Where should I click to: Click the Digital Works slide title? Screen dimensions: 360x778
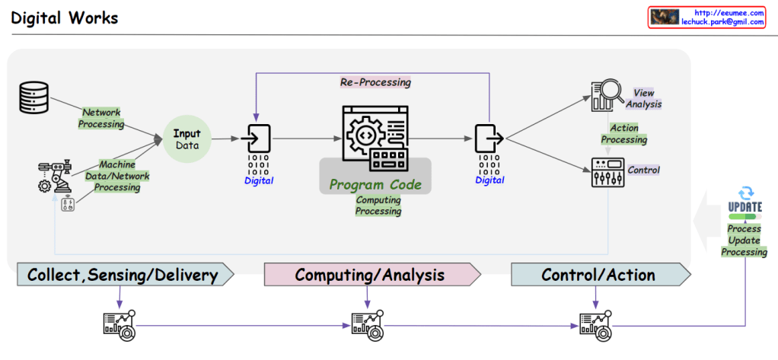[65, 17]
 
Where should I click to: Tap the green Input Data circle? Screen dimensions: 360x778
[187, 139]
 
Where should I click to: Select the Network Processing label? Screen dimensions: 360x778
[102, 118]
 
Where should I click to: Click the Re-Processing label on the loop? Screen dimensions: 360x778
[375, 82]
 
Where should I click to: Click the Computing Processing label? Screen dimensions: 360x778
[378, 205]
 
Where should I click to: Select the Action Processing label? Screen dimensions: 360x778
[624, 134]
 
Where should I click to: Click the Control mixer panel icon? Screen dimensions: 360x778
[607, 173]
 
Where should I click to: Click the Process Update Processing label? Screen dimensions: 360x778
[744, 240]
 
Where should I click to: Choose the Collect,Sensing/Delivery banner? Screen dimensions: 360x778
[123, 275]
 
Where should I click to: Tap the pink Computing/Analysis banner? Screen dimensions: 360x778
[370, 275]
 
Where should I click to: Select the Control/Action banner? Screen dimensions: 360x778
[598, 275]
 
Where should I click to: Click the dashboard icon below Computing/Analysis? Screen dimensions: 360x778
[366, 325]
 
